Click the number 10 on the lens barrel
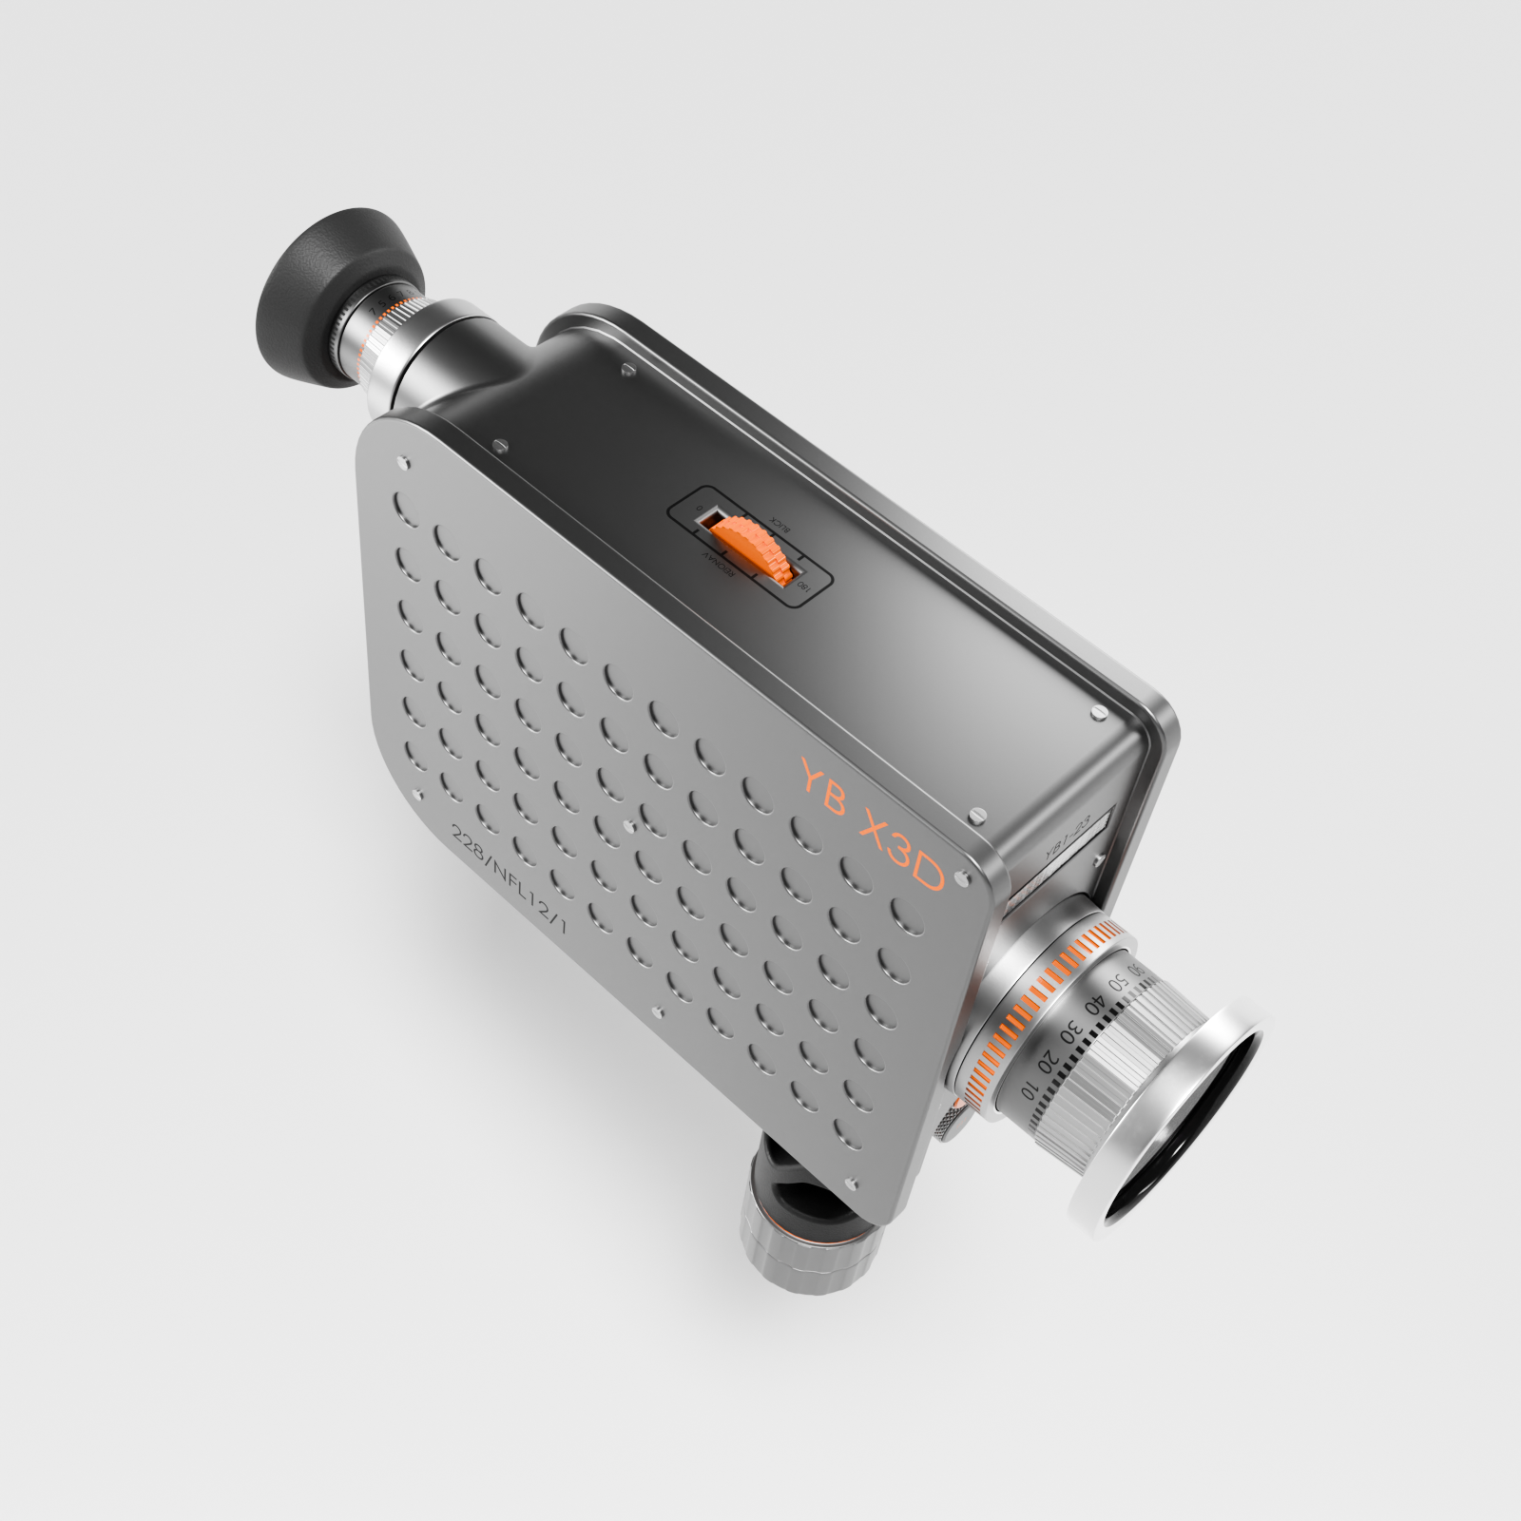click(x=1030, y=1089)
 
